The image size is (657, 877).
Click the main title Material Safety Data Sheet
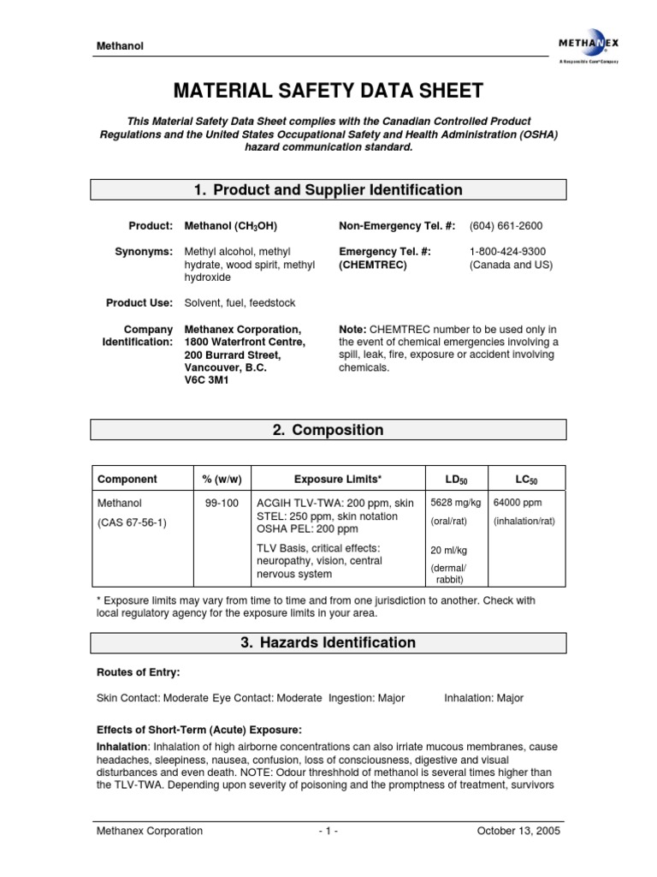[x=329, y=91]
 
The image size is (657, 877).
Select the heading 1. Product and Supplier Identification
[x=329, y=190]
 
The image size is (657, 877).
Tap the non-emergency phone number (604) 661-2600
[x=506, y=226]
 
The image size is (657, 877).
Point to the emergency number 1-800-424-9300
[x=507, y=251]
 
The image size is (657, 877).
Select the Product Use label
[x=139, y=303]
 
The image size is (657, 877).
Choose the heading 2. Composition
[x=329, y=430]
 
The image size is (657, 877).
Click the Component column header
[x=127, y=479]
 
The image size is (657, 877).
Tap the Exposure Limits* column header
[x=338, y=479]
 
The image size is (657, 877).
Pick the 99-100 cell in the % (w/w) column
[x=222, y=504]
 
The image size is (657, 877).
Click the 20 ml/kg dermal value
[x=448, y=550]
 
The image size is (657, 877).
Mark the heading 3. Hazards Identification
[x=329, y=642]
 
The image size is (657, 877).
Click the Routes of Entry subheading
[x=139, y=673]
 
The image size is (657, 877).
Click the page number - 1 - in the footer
[x=328, y=831]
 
